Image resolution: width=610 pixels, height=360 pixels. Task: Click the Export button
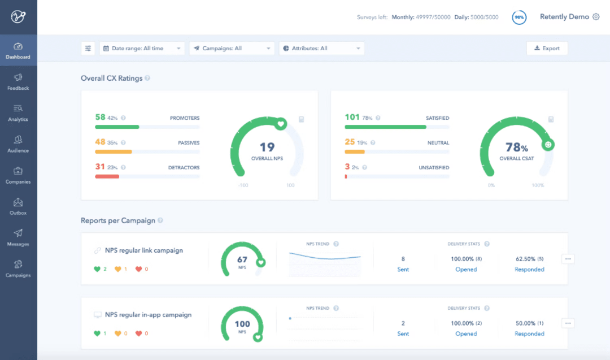tap(546, 49)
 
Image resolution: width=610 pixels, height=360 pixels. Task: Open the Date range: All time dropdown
tap(142, 49)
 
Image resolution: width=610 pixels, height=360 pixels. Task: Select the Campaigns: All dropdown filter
tap(232, 49)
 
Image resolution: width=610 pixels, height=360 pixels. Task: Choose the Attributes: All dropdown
tap(321, 49)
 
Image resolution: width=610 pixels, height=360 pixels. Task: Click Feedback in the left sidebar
tap(18, 81)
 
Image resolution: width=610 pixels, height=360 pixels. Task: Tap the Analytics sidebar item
tap(18, 112)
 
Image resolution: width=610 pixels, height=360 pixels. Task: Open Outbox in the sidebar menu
tap(18, 206)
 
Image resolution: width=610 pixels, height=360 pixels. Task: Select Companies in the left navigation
tap(18, 175)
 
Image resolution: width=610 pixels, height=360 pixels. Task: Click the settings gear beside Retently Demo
tap(596, 17)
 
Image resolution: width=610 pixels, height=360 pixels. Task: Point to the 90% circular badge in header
tap(519, 18)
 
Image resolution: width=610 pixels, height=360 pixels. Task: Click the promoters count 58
tap(100, 118)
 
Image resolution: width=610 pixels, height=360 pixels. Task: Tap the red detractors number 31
tap(100, 167)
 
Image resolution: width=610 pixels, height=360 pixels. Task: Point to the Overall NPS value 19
tap(267, 148)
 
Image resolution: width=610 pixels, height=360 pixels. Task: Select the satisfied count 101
tap(352, 118)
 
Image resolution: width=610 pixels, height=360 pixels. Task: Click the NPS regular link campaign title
tap(143, 250)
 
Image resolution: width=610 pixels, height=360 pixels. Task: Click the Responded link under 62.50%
tap(529, 270)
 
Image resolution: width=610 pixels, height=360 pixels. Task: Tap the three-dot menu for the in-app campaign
tap(568, 323)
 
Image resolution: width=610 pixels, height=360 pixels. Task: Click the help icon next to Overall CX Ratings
tap(147, 79)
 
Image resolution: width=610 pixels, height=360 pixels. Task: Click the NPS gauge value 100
tap(242, 324)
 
